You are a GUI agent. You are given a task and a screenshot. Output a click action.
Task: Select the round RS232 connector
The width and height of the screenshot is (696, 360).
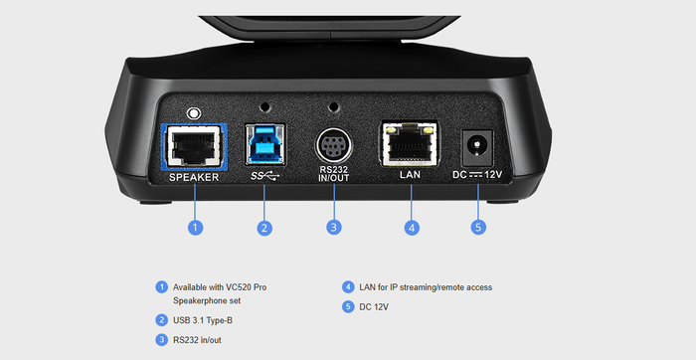point(334,148)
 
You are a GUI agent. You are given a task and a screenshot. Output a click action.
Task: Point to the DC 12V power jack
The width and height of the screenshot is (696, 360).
point(479,148)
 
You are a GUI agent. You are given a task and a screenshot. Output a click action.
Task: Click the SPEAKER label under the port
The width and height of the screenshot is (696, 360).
point(194,177)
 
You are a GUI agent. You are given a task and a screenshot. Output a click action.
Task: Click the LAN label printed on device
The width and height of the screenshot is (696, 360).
point(411,175)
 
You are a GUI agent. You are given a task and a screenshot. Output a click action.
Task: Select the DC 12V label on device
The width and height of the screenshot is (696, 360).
point(479,175)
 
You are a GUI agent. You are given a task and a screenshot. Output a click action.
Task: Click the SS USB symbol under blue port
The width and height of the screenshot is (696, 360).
point(264,176)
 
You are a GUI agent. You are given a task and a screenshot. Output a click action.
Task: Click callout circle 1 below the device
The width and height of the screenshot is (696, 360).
point(195,228)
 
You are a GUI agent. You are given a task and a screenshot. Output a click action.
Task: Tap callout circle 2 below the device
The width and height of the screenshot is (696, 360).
point(264,228)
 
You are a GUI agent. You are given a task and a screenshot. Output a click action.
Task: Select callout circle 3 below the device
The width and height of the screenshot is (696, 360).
point(334,228)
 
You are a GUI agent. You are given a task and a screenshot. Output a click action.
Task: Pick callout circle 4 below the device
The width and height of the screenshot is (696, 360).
point(411,228)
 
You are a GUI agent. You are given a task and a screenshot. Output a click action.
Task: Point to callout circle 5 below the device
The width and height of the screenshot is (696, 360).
point(479,228)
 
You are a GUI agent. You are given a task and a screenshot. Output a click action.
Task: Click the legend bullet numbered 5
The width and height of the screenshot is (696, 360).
point(348,307)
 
